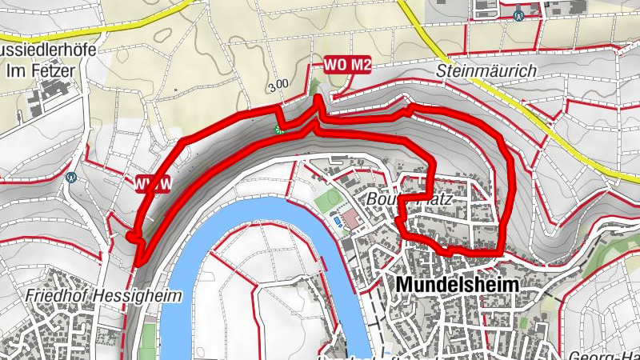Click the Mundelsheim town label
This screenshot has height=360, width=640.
click(x=456, y=285)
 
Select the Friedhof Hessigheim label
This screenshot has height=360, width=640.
click(x=91, y=295)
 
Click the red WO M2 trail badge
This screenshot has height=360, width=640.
click(x=347, y=66)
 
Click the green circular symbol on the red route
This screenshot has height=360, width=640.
click(x=279, y=128)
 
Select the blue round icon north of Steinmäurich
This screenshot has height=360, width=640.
click(x=520, y=14)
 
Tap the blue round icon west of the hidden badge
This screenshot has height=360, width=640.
click(x=72, y=178)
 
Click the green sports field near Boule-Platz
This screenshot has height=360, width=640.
click(x=327, y=200)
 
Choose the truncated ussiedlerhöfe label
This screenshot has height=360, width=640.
click(x=48, y=50)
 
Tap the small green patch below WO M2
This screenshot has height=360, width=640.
click(x=314, y=86)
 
